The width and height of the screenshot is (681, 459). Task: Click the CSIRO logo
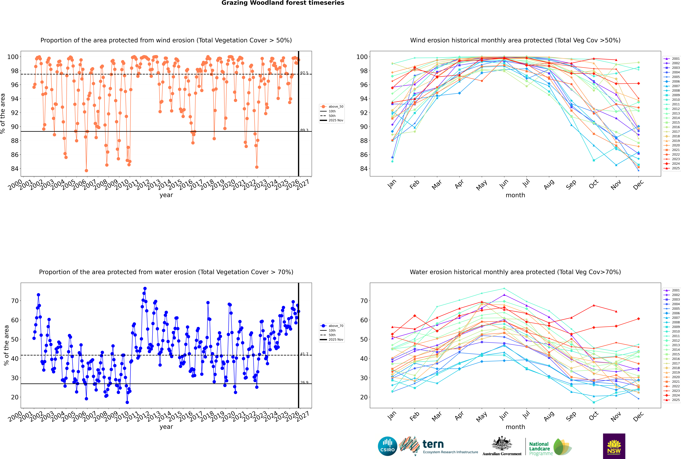click(x=387, y=446)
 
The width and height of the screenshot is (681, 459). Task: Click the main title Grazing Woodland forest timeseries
click(x=283, y=3)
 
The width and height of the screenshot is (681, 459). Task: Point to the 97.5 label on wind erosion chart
click(x=304, y=73)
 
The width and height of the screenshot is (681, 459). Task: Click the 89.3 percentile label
click(x=304, y=130)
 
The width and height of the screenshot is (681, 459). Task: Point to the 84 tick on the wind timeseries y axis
click(x=15, y=169)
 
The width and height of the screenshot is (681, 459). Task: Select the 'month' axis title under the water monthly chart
click(x=515, y=427)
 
